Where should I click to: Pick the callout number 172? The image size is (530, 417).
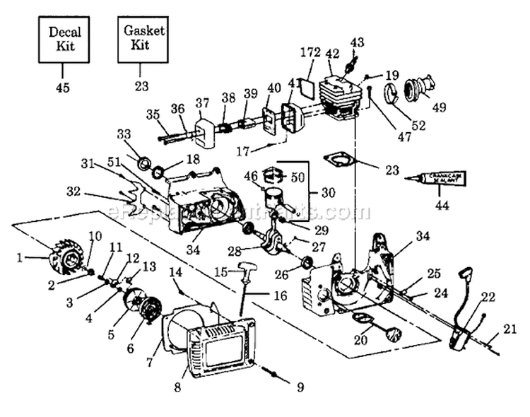pos(310,53)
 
